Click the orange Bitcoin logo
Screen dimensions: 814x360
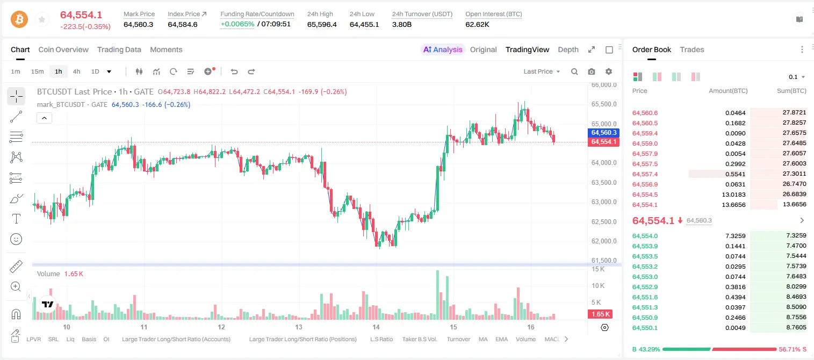[19, 19]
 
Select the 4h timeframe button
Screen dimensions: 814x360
[76, 71]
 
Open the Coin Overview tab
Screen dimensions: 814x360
[63, 49]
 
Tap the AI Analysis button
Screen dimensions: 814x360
[443, 49]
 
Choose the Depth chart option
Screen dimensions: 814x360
[568, 49]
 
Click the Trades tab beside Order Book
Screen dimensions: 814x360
[692, 49]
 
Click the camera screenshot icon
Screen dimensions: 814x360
[592, 71]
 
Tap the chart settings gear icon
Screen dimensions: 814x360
[609, 71]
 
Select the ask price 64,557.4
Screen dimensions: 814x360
[645, 174]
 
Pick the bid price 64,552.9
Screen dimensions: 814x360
[645, 287]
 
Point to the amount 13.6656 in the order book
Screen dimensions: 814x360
[734, 205]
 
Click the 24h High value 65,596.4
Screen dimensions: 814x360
[322, 24]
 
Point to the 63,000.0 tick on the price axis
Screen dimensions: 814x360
[604, 202]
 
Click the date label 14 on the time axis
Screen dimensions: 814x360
[376, 327]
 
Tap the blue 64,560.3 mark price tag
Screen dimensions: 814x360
[603, 133]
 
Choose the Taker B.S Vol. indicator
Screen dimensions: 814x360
[419, 339]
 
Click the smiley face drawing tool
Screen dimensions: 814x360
[16, 239]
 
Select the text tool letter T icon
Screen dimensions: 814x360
[16, 219]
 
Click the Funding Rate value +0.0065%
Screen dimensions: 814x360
[237, 24]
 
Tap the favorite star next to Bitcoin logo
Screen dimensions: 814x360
[42, 19]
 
